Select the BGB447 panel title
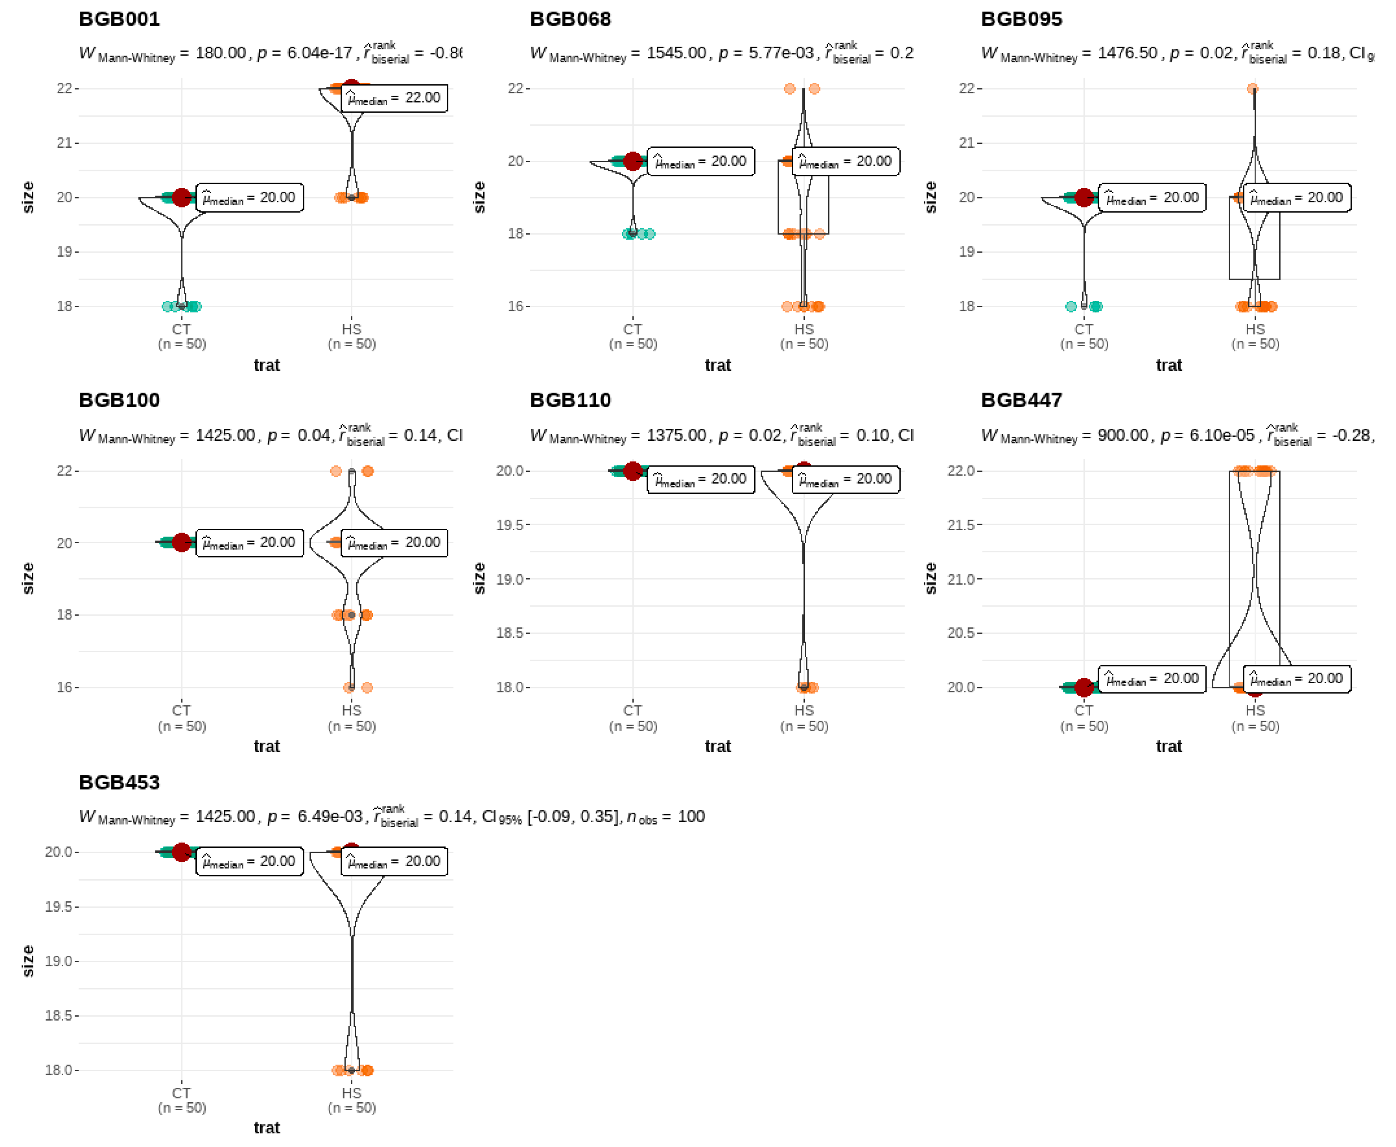coord(1021,401)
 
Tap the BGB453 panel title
coord(119,782)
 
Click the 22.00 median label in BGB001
coord(395,98)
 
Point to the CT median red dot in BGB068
coord(633,161)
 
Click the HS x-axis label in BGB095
coord(1254,329)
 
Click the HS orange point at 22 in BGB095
coord(1252,88)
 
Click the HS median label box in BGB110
coord(845,479)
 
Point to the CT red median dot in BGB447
coord(1083,687)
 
